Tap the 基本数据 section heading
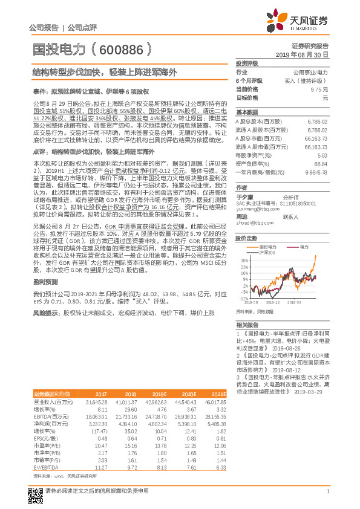pos(247,113)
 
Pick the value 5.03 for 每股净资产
pos(322,155)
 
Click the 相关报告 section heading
pos(247,325)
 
